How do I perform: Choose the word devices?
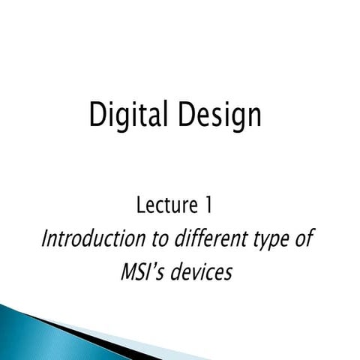point(204,271)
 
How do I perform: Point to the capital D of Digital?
point(97,116)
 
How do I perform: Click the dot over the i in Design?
point(225,106)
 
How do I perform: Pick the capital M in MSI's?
point(130,271)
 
